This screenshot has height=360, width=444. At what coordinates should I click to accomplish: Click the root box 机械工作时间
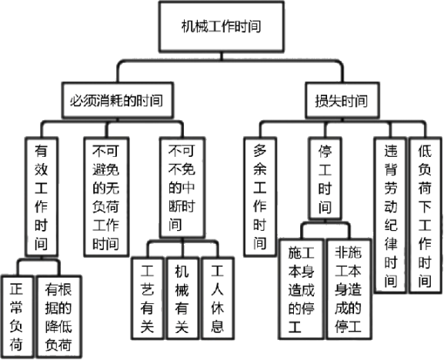click(x=221, y=27)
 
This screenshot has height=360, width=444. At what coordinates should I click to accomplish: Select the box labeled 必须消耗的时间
click(x=118, y=100)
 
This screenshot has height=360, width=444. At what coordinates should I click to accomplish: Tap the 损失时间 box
click(x=342, y=100)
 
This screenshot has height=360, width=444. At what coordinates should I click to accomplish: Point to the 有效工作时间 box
click(x=42, y=197)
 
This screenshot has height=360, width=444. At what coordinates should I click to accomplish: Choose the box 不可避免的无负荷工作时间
click(x=106, y=197)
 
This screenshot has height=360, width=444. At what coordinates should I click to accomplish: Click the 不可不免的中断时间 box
click(x=182, y=188)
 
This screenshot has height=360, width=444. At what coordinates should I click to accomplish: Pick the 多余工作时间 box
click(x=260, y=197)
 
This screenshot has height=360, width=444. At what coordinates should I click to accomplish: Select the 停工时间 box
click(x=325, y=178)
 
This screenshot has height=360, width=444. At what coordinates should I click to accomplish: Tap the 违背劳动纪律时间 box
click(x=390, y=215)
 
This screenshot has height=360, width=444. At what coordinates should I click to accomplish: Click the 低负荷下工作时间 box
click(x=426, y=215)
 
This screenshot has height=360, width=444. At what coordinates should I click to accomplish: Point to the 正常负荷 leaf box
click(x=17, y=317)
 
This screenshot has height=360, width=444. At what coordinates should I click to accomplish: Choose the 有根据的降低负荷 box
click(x=58, y=317)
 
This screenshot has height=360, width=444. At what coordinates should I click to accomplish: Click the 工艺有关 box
click(x=147, y=298)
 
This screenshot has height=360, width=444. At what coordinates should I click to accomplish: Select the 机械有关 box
click(x=182, y=298)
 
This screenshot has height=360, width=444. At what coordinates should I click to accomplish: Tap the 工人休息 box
click(x=218, y=298)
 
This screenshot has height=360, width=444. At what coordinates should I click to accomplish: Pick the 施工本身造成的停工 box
click(x=302, y=289)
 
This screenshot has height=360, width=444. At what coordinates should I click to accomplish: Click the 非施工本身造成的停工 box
click(x=349, y=289)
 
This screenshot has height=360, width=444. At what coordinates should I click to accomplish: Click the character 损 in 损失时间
click(x=322, y=101)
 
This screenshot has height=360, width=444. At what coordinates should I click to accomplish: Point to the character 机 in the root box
click(x=188, y=27)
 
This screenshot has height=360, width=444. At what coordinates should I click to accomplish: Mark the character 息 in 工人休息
click(x=218, y=325)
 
